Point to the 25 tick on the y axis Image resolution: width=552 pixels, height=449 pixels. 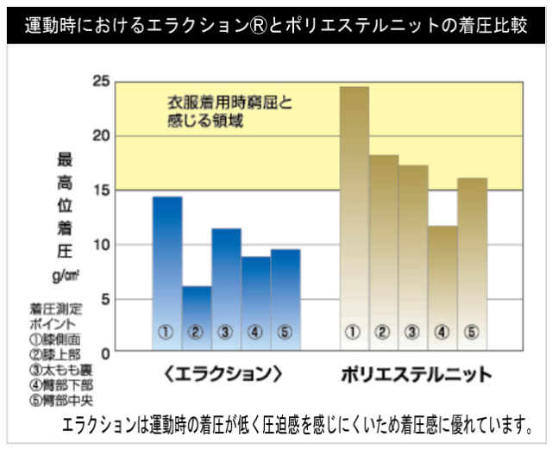coord(102,81)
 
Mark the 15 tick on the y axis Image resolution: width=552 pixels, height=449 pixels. coord(102,190)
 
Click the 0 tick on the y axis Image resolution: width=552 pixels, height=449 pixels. coord(105,352)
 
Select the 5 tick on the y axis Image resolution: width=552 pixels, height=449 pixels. coord(105,299)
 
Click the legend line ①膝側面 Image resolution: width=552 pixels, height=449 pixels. coord(55,338)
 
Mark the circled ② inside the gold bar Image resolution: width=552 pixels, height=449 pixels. coord(384,332)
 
